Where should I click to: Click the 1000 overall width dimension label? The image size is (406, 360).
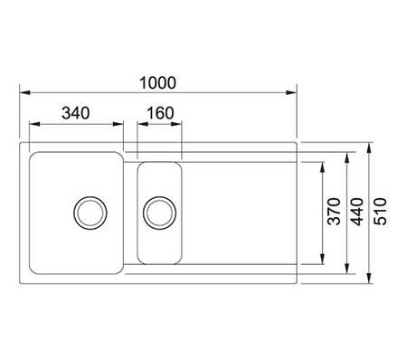[x=158, y=83]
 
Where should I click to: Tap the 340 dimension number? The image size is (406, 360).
[x=76, y=113]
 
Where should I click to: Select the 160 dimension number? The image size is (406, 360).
[x=160, y=113]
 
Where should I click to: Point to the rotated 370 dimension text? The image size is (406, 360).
[x=334, y=212]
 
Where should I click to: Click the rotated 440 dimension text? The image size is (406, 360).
[x=358, y=212]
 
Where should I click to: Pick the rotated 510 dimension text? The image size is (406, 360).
[x=380, y=212]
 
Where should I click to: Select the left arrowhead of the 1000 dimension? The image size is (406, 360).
[x=24, y=92]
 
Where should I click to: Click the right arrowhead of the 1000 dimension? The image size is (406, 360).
[x=291, y=92]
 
